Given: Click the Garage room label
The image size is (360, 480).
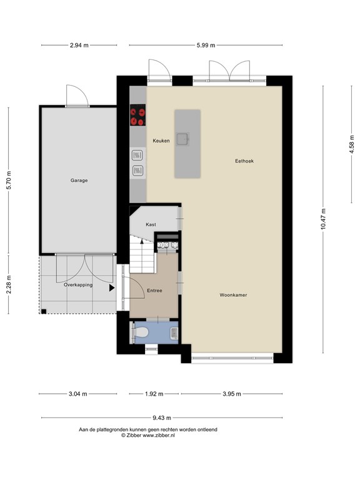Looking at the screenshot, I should click(79, 181).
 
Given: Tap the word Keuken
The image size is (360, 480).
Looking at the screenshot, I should click(161, 141).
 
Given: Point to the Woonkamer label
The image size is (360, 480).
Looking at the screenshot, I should click(233, 294).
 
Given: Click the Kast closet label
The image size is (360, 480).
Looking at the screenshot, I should click(151, 224).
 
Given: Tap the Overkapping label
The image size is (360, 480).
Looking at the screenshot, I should click(78, 284).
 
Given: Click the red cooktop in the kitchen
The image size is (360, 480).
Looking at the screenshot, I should click(137, 117).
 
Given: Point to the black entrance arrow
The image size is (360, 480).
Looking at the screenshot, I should click(112, 288).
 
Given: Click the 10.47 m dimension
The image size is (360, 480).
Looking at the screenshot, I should click(323, 219).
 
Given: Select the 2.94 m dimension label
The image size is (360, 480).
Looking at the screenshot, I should click(78, 45).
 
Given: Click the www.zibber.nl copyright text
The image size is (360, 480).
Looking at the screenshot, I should click(147, 436).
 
